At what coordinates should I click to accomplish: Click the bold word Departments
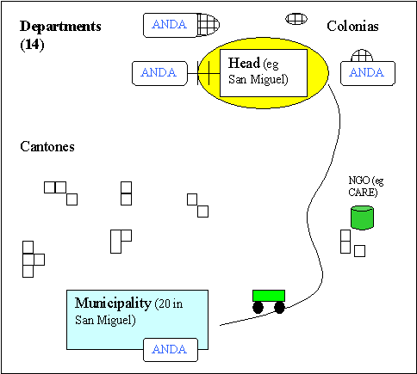(60, 27)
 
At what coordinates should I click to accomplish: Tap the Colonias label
(352, 26)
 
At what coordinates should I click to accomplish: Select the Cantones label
(47, 146)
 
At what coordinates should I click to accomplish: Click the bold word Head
(244, 63)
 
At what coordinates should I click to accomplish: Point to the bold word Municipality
(113, 303)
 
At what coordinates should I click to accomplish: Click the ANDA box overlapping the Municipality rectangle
(171, 350)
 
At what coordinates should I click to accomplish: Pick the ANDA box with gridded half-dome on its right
(171, 25)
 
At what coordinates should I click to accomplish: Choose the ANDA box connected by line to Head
(159, 73)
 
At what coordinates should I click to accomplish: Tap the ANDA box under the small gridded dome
(368, 73)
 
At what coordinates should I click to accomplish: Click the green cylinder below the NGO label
(362, 218)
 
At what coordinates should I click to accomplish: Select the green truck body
(269, 296)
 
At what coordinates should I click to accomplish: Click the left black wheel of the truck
(258, 308)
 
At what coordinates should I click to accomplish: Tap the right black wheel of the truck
(279, 308)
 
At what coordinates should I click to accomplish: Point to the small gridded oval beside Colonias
(296, 19)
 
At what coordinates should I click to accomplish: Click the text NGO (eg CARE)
(365, 187)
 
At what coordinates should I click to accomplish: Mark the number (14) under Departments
(32, 45)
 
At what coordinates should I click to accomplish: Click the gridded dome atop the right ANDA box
(362, 56)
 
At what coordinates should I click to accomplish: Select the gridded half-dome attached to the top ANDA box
(208, 25)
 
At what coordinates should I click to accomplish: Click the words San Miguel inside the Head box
(258, 79)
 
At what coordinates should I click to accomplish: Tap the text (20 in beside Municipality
(169, 304)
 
